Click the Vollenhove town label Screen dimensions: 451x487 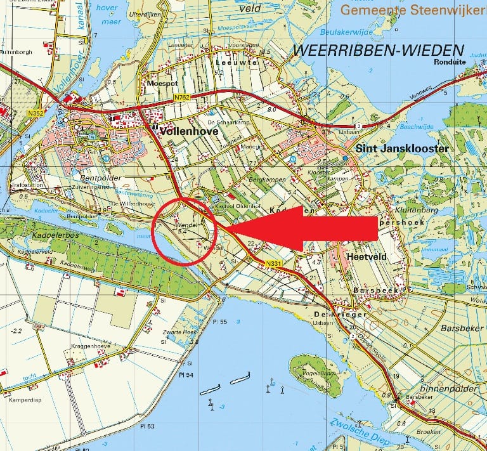(190, 131)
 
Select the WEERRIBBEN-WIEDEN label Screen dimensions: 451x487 (378, 50)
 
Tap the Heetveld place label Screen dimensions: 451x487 (366, 256)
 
